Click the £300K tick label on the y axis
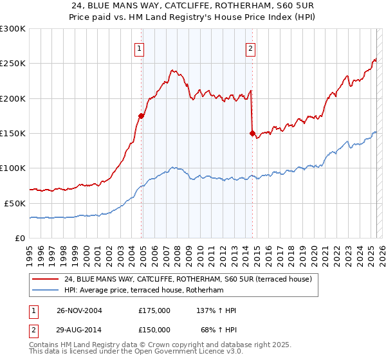(13, 29)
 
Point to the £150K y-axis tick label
(13, 133)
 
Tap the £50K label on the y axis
(15, 203)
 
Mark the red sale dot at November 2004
(141, 116)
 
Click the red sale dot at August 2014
(252, 133)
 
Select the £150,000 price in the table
(154, 330)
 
